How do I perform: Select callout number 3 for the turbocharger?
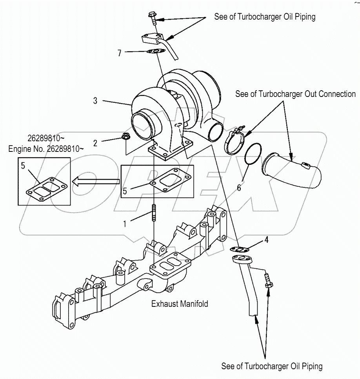pos(95,101)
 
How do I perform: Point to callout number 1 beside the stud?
pos(125,224)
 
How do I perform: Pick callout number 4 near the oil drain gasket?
pos(266,239)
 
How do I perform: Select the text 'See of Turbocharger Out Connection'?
pos(295,94)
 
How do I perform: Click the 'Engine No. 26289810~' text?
pos(46,149)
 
